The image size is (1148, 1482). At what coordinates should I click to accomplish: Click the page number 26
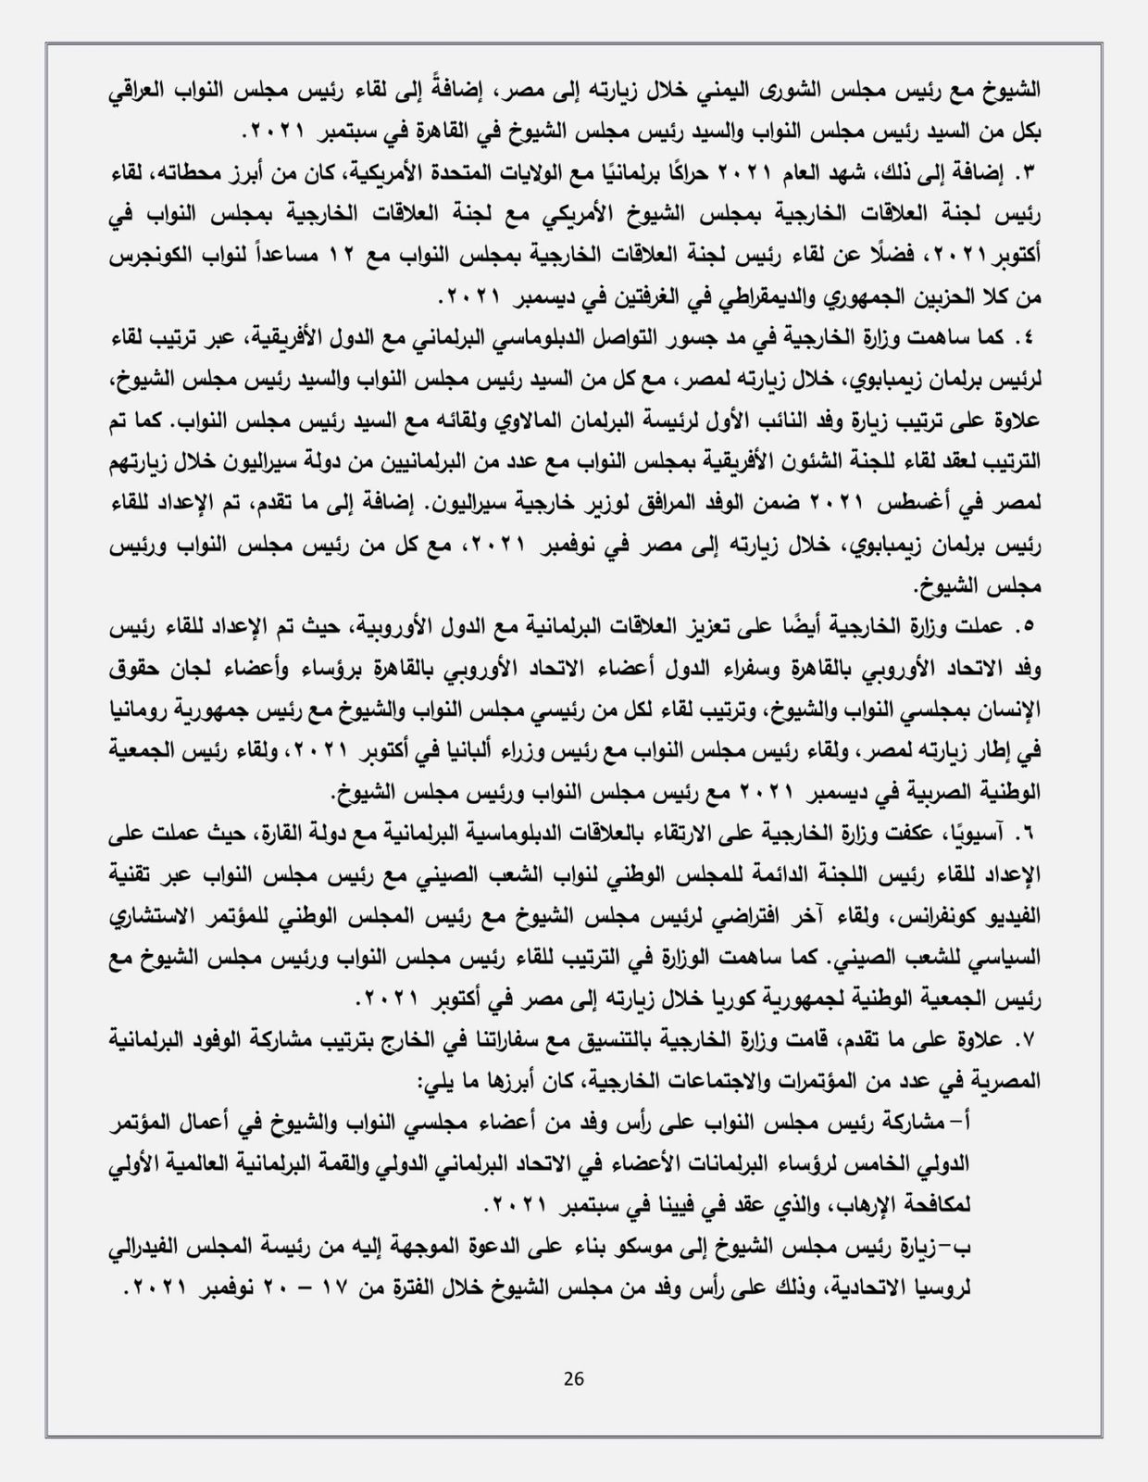click(x=573, y=1377)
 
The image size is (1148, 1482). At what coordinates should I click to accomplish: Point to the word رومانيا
click(x=1008, y=710)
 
